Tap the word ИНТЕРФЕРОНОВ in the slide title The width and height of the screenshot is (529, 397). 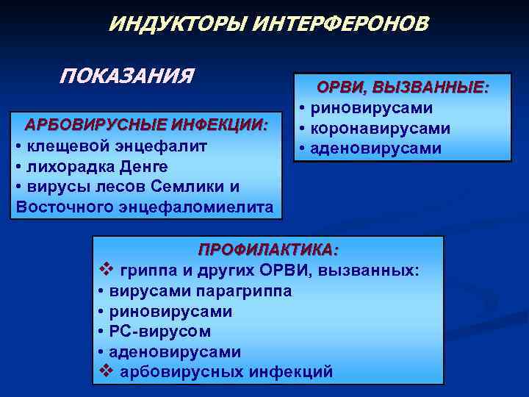(x=340, y=24)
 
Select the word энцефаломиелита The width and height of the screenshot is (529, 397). (x=194, y=207)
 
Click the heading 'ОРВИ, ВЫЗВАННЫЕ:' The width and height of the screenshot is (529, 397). (x=403, y=87)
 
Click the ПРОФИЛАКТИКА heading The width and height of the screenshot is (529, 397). (x=269, y=249)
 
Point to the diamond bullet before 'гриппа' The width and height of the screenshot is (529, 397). (x=104, y=270)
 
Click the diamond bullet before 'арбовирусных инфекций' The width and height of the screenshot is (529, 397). (x=104, y=371)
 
